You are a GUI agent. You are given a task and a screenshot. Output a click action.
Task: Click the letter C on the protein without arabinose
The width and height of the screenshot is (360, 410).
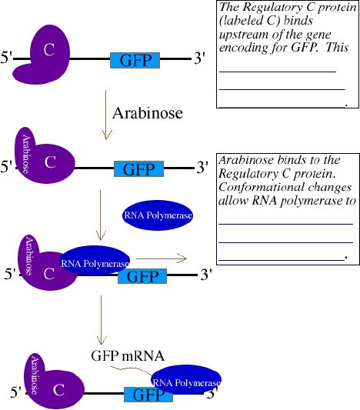tap(49, 49)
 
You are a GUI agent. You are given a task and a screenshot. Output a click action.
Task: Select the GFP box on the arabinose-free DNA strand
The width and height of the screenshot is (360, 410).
tap(135, 60)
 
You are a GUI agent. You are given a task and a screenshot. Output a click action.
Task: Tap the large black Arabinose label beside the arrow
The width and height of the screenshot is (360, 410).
tap(148, 113)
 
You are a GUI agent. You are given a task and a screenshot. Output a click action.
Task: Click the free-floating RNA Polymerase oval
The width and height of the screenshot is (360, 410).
tap(158, 215)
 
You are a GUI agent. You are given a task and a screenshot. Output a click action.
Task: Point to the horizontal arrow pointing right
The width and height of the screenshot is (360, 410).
tap(162, 258)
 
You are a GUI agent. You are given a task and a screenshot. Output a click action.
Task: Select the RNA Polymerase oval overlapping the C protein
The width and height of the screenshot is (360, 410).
tap(95, 261)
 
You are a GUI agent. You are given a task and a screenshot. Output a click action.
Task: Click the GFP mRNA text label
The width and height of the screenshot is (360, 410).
tap(128, 355)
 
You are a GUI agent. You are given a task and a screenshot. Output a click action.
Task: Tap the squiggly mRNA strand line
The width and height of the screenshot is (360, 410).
tap(132, 369)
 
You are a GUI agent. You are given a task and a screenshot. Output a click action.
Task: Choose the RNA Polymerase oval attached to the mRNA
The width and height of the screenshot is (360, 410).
tap(186, 380)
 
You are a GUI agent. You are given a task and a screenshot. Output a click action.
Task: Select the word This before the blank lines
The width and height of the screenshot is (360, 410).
tap(337, 48)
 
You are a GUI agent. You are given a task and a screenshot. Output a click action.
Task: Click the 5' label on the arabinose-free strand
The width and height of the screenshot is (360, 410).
tap(6, 57)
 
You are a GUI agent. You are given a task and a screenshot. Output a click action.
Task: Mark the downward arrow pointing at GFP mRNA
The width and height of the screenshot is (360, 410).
tap(102, 320)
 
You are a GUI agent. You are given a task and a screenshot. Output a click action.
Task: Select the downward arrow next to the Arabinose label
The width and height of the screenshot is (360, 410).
tap(106, 115)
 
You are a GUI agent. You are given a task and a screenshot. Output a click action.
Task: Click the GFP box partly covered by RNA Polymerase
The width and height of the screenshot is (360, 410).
tap(148, 395)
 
